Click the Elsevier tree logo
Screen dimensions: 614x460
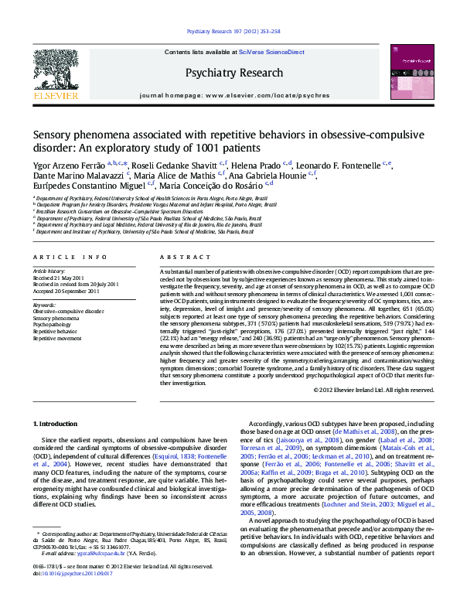coord(55,70)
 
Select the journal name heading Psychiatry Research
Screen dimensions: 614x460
coord(233,73)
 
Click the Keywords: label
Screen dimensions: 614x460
coord(44,305)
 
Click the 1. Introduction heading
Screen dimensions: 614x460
coord(56,425)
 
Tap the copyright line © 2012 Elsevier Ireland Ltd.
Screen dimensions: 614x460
coord(373,390)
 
